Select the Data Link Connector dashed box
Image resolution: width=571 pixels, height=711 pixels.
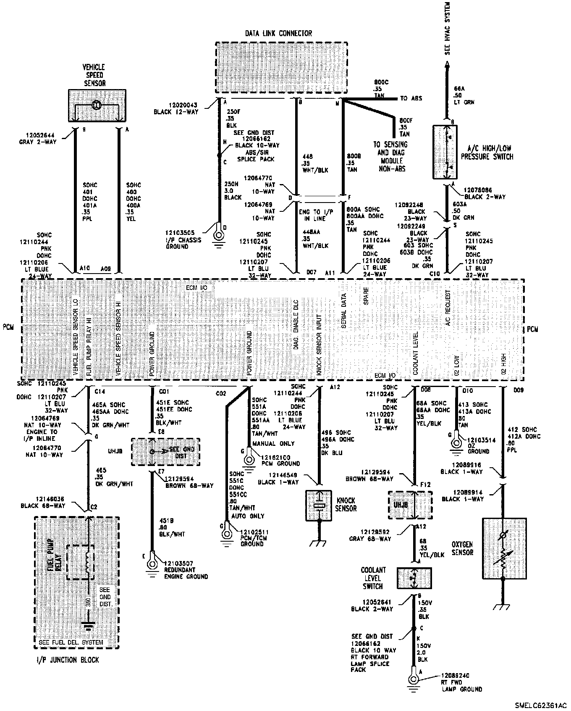point(281,67)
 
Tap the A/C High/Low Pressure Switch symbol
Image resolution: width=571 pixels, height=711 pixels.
point(445,152)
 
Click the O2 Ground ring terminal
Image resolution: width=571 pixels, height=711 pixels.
point(456,443)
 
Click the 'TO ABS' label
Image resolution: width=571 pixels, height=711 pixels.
point(411,98)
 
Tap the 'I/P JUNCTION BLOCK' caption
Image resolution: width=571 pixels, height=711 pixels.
point(67,660)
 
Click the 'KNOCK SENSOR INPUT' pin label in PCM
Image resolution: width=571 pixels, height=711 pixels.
point(319,345)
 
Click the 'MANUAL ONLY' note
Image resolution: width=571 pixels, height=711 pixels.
point(273,444)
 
